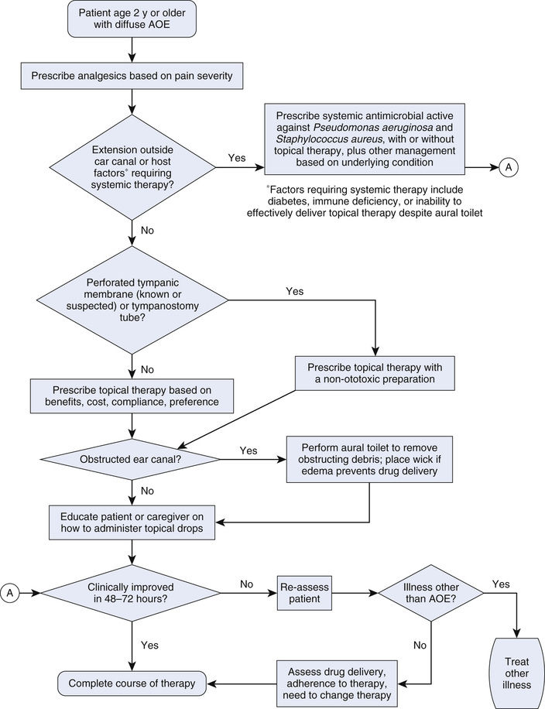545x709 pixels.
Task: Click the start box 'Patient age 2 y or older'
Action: pyautogui.click(x=132, y=21)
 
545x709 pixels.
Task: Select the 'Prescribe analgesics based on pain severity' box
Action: pyautogui.click(x=132, y=76)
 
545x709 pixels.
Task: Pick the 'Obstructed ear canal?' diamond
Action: pyautogui.click(x=132, y=459)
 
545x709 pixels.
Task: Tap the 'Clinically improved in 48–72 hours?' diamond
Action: pyautogui.click(x=132, y=593)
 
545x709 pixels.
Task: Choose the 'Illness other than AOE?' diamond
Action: pyautogui.click(x=430, y=593)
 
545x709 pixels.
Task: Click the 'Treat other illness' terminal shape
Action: pyautogui.click(x=517, y=667)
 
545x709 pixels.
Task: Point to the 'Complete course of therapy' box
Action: pyautogui.click(x=132, y=683)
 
